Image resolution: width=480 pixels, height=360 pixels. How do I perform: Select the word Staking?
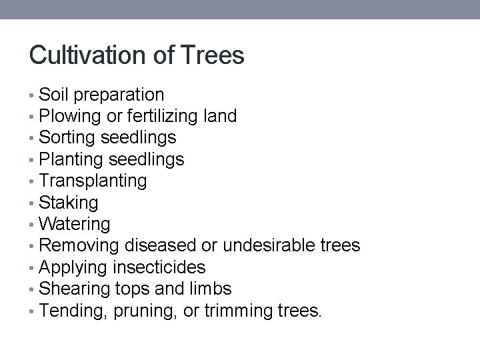click(x=69, y=203)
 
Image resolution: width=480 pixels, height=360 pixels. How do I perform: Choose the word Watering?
click(x=75, y=224)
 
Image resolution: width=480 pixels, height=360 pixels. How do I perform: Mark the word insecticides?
click(x=159, y=268)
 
